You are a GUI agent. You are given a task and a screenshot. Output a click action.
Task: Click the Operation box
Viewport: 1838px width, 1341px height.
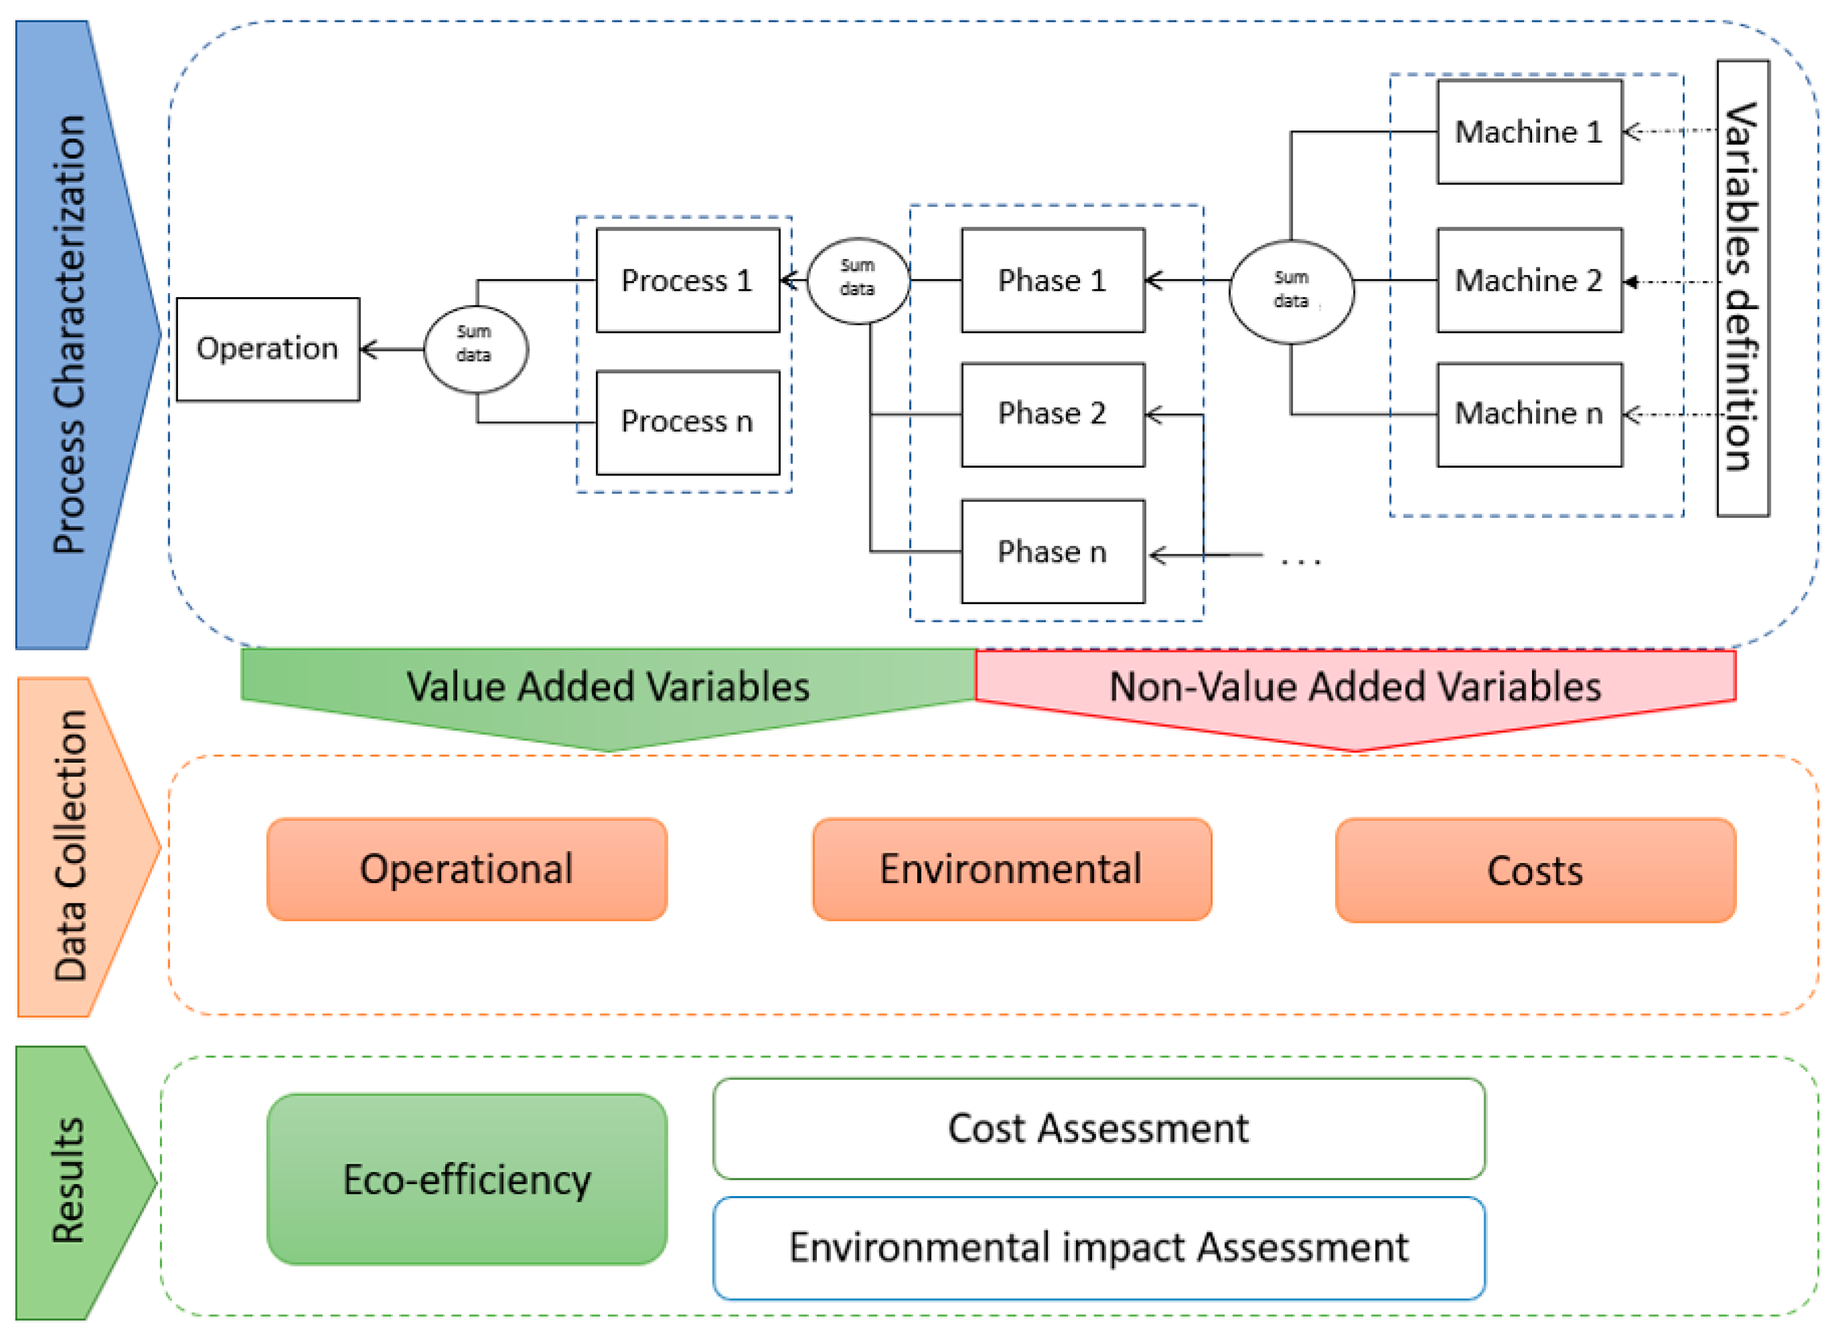pyautogui.click(x=267, y=349)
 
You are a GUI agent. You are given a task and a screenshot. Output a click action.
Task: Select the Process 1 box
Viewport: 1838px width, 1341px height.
pyautogui.click(x=687, y=280)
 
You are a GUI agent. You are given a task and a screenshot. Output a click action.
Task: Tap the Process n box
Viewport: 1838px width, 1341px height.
pyautogui.click(x=687, y=422)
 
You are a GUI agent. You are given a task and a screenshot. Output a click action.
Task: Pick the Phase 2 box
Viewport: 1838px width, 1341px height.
pyautogui.click(x=1053, y=414)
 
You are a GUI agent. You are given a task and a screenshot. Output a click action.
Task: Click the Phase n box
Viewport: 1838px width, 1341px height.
pyautogui.click(x=1053, y=552)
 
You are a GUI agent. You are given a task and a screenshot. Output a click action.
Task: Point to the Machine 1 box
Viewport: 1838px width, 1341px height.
pyautogui.click(x=1529, y=132)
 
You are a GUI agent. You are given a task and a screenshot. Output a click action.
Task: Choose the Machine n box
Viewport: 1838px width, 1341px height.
pyautogui.click(x=1529, y=414)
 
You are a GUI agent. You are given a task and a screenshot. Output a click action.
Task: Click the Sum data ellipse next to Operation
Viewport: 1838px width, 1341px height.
pyautogui.click(x=476, y=349)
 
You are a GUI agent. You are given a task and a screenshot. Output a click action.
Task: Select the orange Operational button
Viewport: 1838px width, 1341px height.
pyautogui.click(x=466, y=869)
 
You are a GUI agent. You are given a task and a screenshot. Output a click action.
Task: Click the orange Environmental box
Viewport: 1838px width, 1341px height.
pyautogui.click(x=1011, y=869)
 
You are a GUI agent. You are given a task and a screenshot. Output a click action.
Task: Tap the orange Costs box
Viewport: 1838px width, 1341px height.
pyautogui.click(x=1534, y=871)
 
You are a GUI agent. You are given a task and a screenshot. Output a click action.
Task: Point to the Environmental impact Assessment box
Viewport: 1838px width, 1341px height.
pyautogui.click(x=1098, y=1247)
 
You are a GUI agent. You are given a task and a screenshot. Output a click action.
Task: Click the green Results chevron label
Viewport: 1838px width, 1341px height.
pyautogui.click(x=69, y=1181)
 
